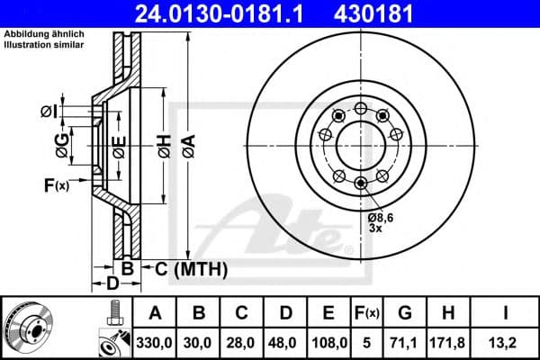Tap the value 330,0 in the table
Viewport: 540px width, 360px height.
click(156, 341)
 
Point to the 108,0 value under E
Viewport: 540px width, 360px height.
click(328, 341)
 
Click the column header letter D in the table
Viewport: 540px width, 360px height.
click(284, 313)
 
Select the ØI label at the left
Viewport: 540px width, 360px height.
click(49, 111)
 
